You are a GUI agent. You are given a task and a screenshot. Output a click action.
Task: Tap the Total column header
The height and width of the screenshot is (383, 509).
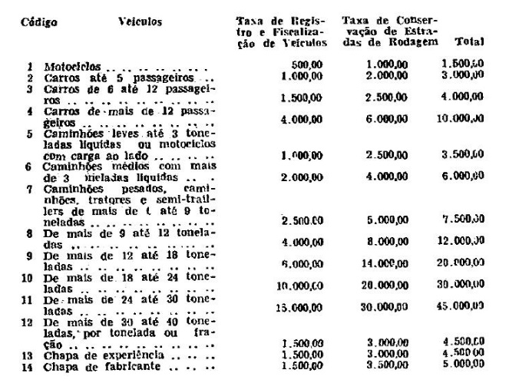pos(468,41)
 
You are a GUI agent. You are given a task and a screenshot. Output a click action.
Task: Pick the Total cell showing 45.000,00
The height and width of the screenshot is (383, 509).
pos(464,305)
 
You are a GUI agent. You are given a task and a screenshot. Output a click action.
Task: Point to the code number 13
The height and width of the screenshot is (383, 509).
pos(26,357)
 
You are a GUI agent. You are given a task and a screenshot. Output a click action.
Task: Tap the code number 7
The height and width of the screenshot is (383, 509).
pos(29,188)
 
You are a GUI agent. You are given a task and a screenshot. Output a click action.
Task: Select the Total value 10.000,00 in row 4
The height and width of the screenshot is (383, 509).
pos(464,119)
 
